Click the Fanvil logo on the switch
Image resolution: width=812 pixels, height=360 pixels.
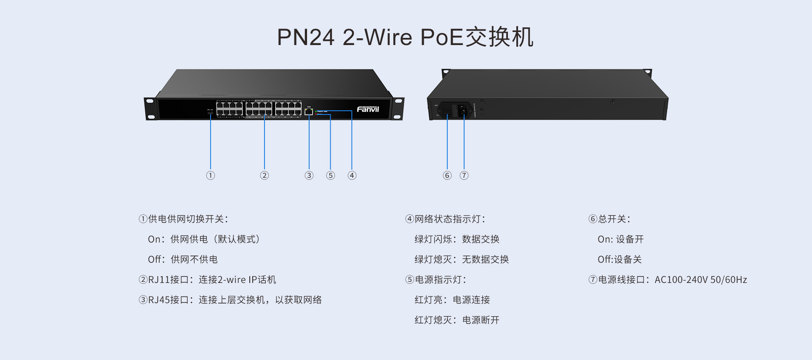pyautogui.click(x=368, y=109)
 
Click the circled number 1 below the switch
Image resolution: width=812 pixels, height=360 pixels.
pyautogui.click(x=211, y=176)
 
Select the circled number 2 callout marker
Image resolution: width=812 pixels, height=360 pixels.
pyautogui.click(x=264, y=176)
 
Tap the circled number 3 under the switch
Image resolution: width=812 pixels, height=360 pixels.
pyautogui.click(x=309, y=176)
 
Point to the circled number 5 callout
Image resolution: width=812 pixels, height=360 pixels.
pyautogui.click(x=331, y=176)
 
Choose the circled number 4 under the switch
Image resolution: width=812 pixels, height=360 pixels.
pyautogui.click(x=352, y=176)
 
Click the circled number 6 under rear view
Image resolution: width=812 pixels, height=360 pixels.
pyautogui.click(x=447, y=176)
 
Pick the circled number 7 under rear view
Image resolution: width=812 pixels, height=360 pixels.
pyautogui.click(x=464, y=176)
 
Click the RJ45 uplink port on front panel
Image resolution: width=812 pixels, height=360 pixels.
pyautogui.click(x=309, y=112)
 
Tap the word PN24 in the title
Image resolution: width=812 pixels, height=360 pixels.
pyautogui.click(x=305, y=37)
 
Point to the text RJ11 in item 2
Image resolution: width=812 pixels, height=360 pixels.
pyautogui.click(x=158, y=280)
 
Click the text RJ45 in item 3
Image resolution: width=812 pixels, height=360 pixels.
pyautogui.click(x=158, y=300)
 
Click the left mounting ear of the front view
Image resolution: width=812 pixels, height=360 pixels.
pyautogui.click(x=150, y=109)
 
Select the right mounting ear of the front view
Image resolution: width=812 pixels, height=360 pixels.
pyautogui.click(x=398, y=109)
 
